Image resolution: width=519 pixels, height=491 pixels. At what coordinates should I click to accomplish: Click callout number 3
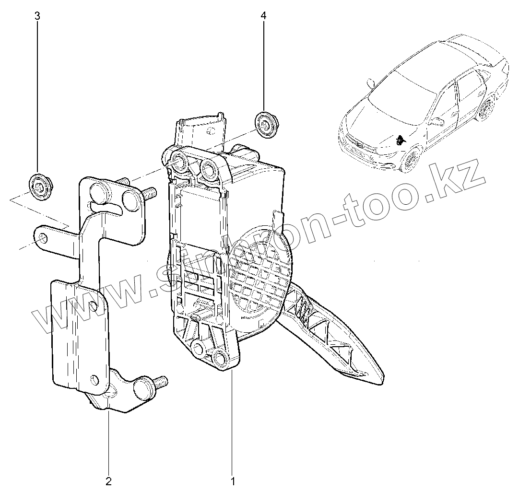pos(37,16)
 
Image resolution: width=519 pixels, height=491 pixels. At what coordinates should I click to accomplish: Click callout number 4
pos(263,16)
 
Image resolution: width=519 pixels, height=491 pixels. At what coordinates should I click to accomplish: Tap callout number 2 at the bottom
pos(108,480)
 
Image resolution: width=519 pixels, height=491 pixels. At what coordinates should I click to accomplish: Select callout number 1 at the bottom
pos(233,480)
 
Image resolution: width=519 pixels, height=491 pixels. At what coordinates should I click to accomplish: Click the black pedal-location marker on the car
pos(399,140)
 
